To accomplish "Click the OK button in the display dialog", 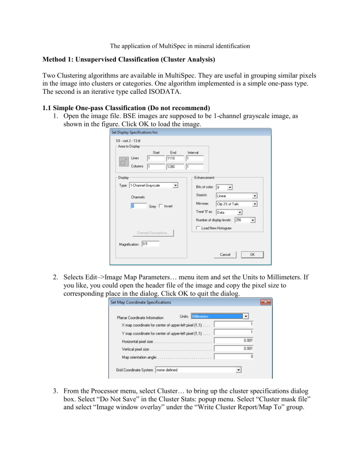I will pos(252,255).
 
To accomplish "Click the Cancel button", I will pos(225,255).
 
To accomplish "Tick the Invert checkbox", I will pos(161,206).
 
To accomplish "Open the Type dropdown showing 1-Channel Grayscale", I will pos(153,185).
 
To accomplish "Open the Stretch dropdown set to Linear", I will pos(236,195).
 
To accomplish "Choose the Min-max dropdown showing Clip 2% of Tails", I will pos(236,204).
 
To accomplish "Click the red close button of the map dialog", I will pos(267,302).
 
